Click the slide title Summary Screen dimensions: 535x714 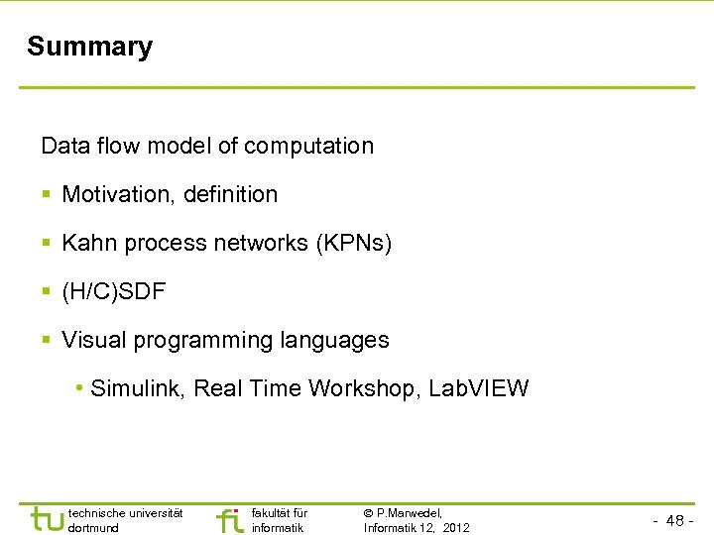(x=89, y=47)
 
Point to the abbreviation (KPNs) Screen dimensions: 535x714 (x=353, y=243)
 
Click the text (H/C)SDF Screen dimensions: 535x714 (x=114, y=291)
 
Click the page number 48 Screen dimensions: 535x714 (x=675, y=521)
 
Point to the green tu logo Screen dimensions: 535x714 (x=46, y=519)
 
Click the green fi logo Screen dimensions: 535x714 (x=229, y=519)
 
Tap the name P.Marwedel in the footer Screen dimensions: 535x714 (x=409, y=512)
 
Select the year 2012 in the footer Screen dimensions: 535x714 (x=457, y=527)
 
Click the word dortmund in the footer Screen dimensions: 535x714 (x=93, y=527)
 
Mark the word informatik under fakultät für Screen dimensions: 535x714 (x=278, y=527)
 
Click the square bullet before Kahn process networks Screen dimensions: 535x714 (x=48, y=244)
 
